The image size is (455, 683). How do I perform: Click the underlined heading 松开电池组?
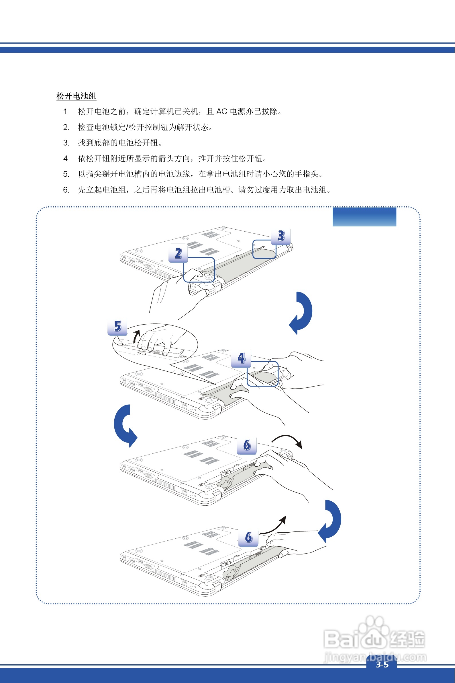pos(76,96)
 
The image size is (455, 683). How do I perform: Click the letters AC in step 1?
pos(222,112)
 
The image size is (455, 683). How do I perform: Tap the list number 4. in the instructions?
pos(66,159)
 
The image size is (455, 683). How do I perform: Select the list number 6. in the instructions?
pos(66,190)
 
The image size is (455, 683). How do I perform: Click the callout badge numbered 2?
pos(178,253)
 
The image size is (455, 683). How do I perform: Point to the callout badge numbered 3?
pos(281,236)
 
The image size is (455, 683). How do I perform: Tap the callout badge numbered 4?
pos(241,358)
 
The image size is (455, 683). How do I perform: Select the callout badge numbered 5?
pos(117,326)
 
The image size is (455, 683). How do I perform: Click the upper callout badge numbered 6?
pos(247,445)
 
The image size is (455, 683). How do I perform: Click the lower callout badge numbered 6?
pos(248,537)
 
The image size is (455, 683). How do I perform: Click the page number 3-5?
pos(382,664)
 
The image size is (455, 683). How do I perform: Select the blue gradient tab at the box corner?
pos(364,217)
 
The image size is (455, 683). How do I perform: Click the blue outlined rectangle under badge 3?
pos(264,249)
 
